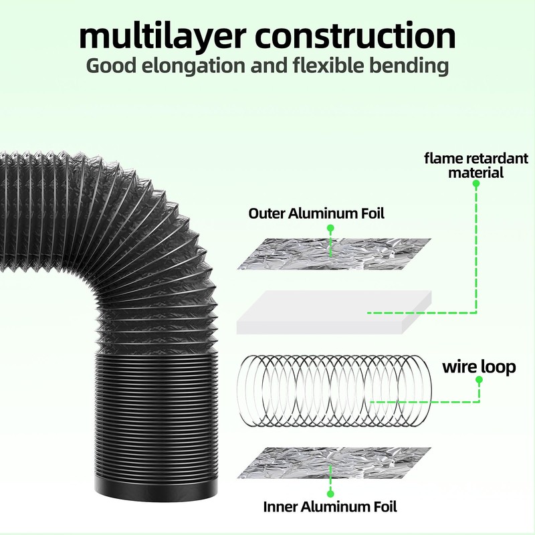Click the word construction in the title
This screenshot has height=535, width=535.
tap(355, 35)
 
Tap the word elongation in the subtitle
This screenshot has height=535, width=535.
tap(193, 66)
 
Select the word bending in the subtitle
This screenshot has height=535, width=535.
tap(409, 66)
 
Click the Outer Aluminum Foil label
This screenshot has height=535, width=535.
tap(316, 213)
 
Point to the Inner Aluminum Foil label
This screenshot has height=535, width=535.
tap(330, 507)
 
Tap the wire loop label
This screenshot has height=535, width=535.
tap(479, 366)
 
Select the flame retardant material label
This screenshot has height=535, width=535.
tap(476, 165)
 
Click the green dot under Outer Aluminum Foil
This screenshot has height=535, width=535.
tap(330, 228)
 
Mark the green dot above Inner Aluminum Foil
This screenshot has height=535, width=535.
tap(330, 494)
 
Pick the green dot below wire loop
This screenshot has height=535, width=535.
tap(479, 380)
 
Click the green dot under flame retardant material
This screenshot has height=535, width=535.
tap(476, 183)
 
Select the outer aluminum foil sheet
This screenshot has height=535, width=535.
tap(334, 254)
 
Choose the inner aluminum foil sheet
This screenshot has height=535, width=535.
tap(334, 463)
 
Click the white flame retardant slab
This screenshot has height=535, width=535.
tap(334, 312)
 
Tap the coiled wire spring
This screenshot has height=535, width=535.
tap(336, 391)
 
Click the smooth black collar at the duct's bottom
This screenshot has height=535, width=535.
tap(156, 491)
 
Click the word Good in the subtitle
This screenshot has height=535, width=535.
tap(111, 66)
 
